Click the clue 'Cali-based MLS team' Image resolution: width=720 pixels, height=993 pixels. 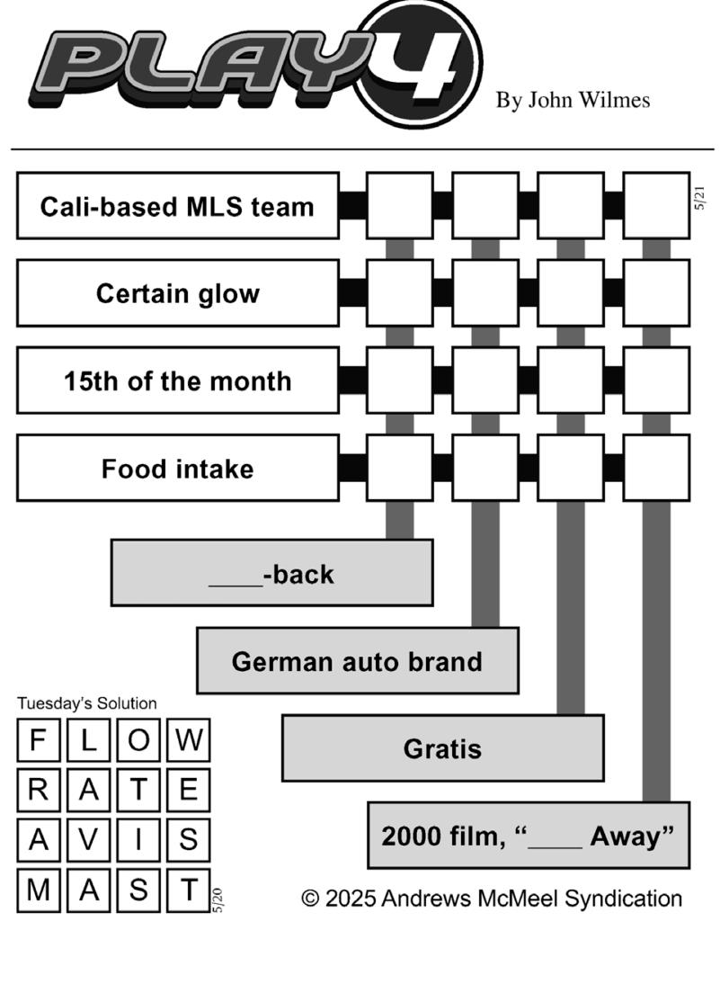[178, 206]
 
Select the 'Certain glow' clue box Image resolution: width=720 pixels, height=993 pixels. [178, 293]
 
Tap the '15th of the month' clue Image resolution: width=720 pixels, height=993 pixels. [178, 380]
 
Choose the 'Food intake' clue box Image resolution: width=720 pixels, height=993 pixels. [178, 469]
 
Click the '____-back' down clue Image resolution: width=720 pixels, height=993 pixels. [271, 573]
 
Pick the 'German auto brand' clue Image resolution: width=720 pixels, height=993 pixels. [357, 661]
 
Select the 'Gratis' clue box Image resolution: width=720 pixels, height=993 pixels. [442, 748]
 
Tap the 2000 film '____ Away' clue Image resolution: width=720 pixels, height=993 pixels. [528, 836]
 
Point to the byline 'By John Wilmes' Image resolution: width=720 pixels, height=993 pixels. [573, 100]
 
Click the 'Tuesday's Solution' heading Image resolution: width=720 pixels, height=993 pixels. [86, 703]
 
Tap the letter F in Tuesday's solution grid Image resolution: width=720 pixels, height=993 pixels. [39, 740]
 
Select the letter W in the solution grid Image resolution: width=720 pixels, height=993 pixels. [188, 740]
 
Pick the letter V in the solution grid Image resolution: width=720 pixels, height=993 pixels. [88, 839]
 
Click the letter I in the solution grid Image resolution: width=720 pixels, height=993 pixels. [138, 839]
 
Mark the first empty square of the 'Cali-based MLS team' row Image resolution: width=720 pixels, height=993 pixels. [399, 206]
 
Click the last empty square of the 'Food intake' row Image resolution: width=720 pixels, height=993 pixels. [656, 469]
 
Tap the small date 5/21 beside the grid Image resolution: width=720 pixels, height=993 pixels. [699, 199]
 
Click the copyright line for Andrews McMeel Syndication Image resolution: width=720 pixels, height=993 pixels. [492, 898]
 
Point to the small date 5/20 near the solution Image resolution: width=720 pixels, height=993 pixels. [218, 899]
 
